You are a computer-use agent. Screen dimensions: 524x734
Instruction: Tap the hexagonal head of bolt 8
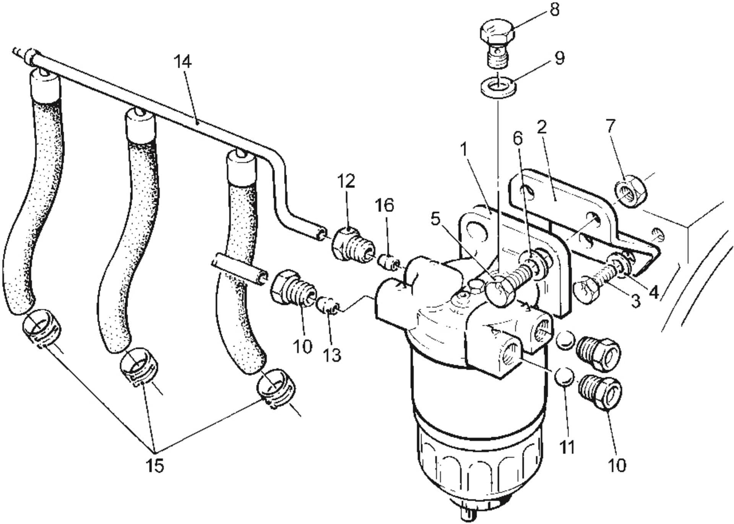496,32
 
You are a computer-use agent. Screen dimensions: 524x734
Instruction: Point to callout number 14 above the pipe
182,62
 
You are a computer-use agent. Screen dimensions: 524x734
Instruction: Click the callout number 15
154,465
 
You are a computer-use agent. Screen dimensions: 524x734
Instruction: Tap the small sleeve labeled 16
388,262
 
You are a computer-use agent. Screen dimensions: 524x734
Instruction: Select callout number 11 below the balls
567,446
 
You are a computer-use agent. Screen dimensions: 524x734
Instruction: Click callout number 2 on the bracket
542,128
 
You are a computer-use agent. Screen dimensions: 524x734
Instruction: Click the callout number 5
436,219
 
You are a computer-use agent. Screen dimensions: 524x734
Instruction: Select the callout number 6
517,139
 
